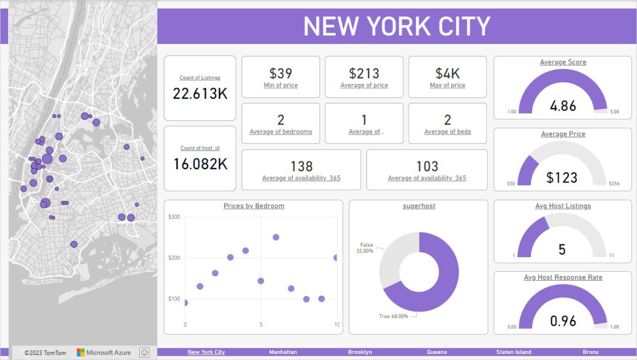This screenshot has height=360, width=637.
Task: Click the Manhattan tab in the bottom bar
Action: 283,352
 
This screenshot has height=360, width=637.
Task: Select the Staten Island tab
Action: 514,352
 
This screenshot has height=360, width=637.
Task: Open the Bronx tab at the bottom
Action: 591,352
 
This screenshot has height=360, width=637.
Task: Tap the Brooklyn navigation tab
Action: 360,352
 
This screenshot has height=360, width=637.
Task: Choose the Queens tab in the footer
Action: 437,352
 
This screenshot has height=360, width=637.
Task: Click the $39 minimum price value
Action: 281,73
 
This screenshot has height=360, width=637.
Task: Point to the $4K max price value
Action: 448,73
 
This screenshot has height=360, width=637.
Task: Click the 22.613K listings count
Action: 200,93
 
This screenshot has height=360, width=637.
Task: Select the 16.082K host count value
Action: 200,164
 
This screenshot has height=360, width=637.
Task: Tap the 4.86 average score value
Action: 563,106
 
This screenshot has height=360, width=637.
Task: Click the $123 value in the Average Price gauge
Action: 562,178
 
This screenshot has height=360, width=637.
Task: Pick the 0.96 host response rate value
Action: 563,321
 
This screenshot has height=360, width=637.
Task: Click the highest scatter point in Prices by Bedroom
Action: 276,237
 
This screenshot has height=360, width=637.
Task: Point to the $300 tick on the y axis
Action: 174,217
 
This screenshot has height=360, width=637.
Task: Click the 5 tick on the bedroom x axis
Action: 261,325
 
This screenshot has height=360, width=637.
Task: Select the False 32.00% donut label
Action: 365,248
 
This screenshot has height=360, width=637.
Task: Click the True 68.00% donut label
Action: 394,316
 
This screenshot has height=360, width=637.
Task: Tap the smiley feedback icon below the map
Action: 144,353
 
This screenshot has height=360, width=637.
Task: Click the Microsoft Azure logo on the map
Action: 104,353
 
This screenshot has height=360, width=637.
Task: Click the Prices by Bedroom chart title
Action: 254,206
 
